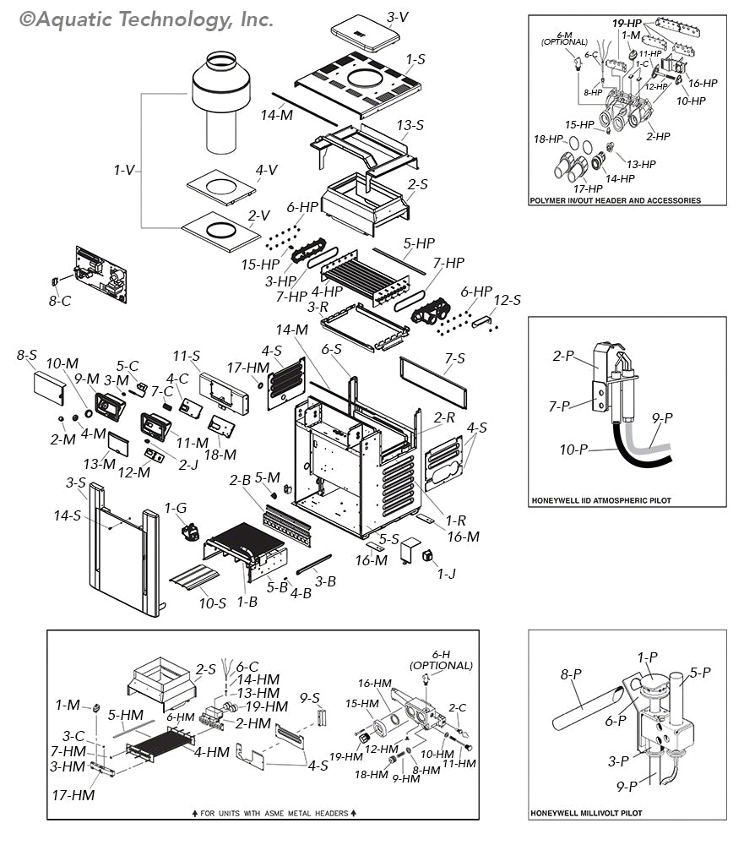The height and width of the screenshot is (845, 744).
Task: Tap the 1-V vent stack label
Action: (x=125, y=170)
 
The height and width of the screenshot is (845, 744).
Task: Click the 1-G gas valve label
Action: (x=176, y=508)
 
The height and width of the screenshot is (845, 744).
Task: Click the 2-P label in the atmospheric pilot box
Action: (x=563, y=356)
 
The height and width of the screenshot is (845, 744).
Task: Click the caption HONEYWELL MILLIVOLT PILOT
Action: (x=586, y=813)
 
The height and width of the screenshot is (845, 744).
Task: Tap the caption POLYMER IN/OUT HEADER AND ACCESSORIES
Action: (x=614, y=200)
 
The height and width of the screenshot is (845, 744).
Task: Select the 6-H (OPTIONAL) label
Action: (x=441, y=660)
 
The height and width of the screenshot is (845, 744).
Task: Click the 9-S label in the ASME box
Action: (x=310, y=697)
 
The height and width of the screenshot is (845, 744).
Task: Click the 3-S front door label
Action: (x=76, y=482)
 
